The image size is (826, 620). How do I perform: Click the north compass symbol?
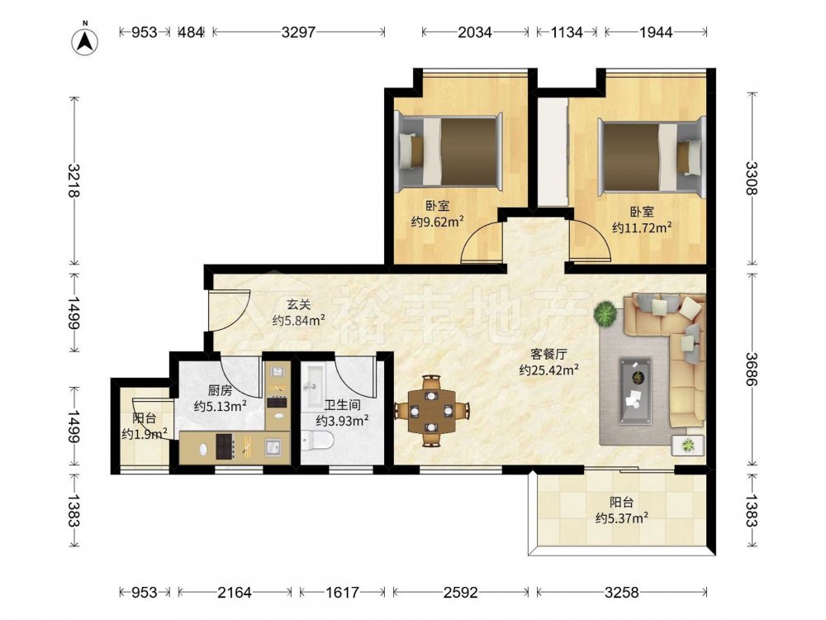coord(85,39)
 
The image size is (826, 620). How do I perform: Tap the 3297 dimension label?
coord(298,32)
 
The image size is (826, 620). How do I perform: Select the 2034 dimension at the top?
coord(475,32)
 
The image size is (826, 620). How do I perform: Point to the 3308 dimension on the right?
coord(751,179)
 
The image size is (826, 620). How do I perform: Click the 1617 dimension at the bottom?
coord(343,593)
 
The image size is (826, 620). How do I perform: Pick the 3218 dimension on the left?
coord(74,181)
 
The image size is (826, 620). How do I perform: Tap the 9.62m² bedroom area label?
coord(437,222)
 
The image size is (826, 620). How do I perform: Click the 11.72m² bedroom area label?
coord(642,228)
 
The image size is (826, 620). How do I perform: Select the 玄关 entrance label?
coord(299,304)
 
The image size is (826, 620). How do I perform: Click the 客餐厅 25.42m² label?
coord(549,362)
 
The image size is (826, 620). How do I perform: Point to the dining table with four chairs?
coord(431,411)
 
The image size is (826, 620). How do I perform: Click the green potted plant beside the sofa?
coord(605,313)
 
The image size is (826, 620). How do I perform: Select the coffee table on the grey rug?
coord(635,389)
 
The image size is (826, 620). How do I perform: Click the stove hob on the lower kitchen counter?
coord(225,446)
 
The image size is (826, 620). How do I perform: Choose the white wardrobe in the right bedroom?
coord(553,152)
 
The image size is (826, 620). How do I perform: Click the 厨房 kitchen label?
coord(220,391)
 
